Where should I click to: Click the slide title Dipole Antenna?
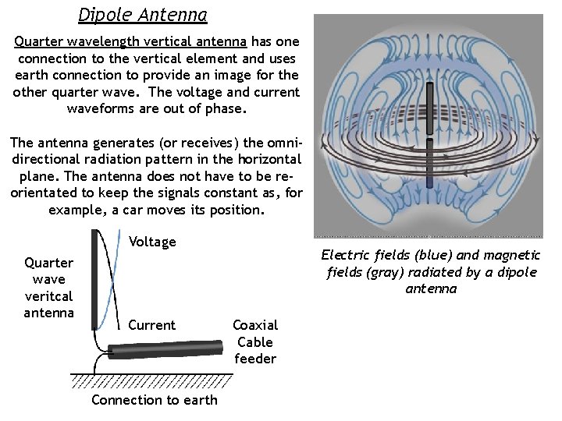pos(143,14)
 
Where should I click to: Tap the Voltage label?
pos(152,242)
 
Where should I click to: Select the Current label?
pos(151,325)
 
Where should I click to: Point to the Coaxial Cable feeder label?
pos(255,341)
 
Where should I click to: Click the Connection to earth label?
pos(155,400)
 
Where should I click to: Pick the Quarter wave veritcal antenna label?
pos(48,288)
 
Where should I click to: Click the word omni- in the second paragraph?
pos(279,143)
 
